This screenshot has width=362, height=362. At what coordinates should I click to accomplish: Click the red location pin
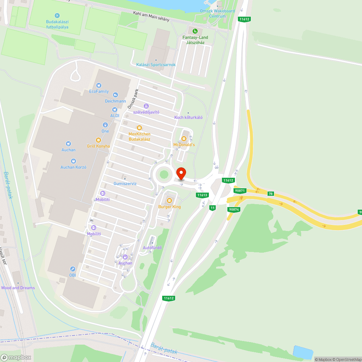click(181, 173)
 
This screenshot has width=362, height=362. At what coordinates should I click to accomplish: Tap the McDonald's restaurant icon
click(184, 138)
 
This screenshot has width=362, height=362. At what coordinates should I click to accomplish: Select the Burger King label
click(169, 207)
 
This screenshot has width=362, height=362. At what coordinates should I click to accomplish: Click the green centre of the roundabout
click(164, 175)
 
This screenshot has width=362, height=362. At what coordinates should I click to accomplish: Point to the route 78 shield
click(270, 194)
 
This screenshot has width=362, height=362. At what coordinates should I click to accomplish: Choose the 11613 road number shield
click(202, 195)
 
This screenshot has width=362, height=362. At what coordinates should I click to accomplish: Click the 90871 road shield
click(240, 190)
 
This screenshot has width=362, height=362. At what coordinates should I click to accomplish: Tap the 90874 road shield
click(234, 209)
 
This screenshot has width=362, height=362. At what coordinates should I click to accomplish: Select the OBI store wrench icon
click(73, 269)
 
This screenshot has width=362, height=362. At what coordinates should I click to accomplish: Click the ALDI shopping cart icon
click(115, 109)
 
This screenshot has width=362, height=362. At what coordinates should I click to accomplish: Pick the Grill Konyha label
click(98, 146)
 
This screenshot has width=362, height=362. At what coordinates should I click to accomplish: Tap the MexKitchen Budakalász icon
click(139, 128)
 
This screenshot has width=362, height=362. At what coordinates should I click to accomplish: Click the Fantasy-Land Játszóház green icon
click(195, 31)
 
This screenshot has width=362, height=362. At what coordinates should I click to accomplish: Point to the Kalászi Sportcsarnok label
click(156, 65)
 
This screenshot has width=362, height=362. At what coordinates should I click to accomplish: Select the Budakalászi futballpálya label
click(57, 24)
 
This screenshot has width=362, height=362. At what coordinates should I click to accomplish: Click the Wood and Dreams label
click(18, 288)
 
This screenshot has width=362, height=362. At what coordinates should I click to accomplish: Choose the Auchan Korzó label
click(73, 167)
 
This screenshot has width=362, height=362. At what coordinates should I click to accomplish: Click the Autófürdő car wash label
click(152, 248)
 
